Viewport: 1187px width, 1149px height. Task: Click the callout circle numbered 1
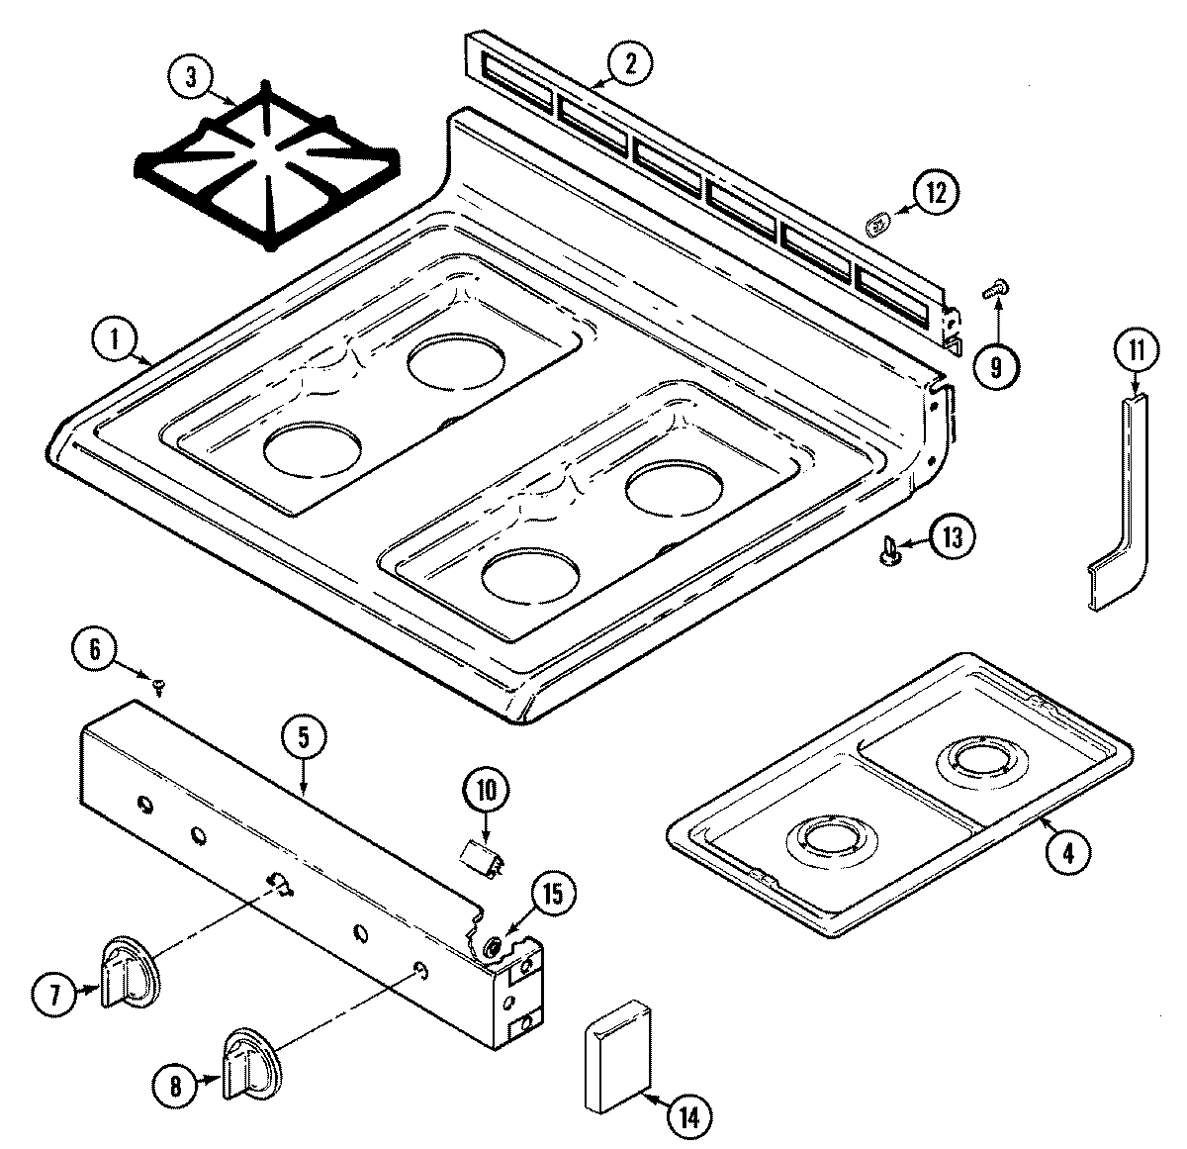point(115,340)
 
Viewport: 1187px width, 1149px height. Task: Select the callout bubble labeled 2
point(628,64)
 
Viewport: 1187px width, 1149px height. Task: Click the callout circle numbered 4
point(1063,851)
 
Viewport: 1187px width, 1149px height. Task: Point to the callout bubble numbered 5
point(303,736)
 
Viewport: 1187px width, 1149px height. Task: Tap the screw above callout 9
point(992,289)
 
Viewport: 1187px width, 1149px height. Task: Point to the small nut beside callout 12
point(876,226)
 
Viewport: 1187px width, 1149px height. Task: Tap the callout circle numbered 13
point(951,537)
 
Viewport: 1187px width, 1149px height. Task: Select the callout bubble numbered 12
point(934,192)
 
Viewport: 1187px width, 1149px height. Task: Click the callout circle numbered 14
point(689,1117)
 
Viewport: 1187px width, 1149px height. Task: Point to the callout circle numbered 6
point(95,649)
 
